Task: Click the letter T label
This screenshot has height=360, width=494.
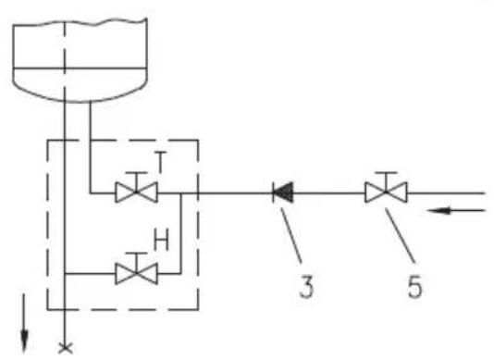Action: click(x=161, y=162)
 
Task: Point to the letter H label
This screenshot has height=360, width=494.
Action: click(x=161, y=240)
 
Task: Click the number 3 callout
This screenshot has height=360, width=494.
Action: click(x=306, y=286)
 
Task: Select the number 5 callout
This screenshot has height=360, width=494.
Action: click(x=414, y=286)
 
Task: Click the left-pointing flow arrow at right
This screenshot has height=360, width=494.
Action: click(x=456, y=210)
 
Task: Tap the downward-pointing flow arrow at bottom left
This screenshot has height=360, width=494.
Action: click(x=24, y=322)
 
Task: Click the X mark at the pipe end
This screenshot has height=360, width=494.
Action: click(x=66, y=348)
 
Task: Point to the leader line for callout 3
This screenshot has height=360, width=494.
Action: click(x=290, y=235)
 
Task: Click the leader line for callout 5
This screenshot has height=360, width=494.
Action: click(x=401, y=235)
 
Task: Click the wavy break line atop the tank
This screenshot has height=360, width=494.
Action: click(x=80, y=22)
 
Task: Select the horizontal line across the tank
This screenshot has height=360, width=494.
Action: click(x=80, y=68)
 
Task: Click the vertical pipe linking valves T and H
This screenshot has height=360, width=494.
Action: click(x=180, y=233)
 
